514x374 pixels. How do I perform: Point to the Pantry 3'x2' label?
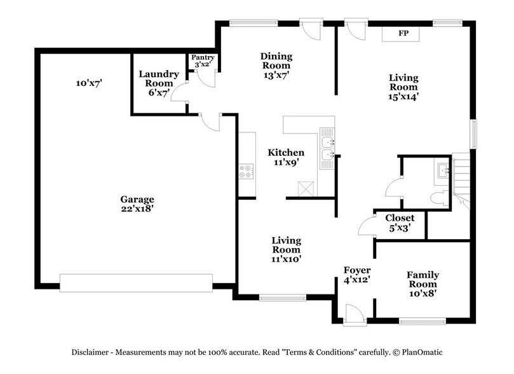point(203,61)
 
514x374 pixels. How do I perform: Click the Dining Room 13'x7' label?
point(275,66)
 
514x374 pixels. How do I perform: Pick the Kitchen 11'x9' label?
point(285,157)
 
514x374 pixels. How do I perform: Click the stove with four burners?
point(247,170)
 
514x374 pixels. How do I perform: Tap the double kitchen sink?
point(327,148)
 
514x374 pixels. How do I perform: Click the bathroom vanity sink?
point(443,169)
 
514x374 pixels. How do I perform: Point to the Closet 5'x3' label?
point(400,222)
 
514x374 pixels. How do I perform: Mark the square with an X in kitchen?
point(306,188)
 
